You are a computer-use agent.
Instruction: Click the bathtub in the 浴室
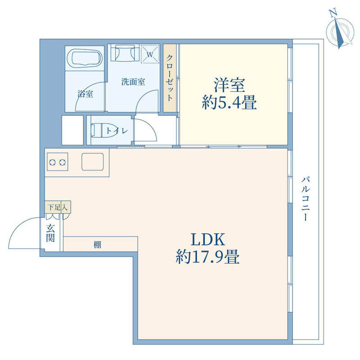tap(85, 58)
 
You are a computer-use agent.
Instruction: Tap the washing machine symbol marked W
tap(150, 54)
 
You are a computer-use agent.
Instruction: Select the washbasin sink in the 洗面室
tap(125, 53)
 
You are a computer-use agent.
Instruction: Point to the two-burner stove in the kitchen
tap(58, 162)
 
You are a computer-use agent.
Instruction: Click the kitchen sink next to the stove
tap(93, 162)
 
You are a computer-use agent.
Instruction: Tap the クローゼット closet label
tap(170, 78)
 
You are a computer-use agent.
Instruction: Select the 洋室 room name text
tap(229, 85)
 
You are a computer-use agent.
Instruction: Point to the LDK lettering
tap(208, 239)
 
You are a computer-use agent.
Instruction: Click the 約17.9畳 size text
tap(208, 256)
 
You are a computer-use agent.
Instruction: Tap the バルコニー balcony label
tap(306, 198)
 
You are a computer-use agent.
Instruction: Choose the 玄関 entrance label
tap(50, 233)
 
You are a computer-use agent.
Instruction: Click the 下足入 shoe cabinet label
tap(58, 207)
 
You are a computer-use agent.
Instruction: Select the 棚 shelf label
tap(97, 245)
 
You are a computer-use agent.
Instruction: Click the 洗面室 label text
tap(133, 82)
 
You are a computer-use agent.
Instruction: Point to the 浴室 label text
tap(85, 94)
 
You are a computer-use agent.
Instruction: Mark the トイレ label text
tap(117, 131)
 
